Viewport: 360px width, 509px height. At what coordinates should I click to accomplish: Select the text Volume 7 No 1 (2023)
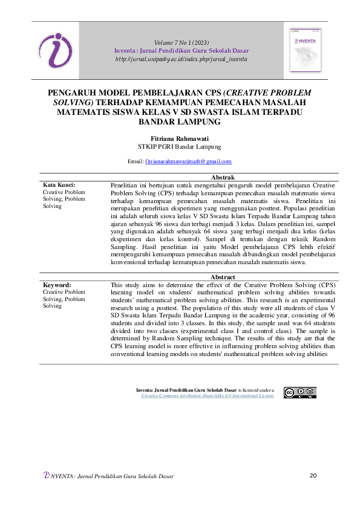(181, 42)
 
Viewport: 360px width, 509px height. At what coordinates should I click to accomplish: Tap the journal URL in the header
(181, 59)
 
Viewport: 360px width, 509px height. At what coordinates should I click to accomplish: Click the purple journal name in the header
(181, 51)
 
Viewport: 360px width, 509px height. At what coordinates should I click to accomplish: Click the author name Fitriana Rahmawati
(180, 138)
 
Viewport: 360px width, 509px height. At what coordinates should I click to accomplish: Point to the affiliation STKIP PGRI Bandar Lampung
(180, 146)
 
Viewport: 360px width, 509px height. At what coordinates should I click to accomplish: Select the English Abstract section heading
(221, 277)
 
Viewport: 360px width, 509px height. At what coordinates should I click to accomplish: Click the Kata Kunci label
(58, 184)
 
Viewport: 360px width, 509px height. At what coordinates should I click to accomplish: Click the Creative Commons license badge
(299, 393)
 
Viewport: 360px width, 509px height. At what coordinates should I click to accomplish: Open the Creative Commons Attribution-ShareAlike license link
(208, 396)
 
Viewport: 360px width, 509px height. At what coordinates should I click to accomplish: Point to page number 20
(313, 476)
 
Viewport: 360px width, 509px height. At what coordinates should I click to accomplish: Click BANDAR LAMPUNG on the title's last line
(180, 122)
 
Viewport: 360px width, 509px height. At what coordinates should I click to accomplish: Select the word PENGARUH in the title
(72, 93)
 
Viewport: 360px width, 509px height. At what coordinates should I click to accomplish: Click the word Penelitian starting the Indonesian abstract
(126, 184)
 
